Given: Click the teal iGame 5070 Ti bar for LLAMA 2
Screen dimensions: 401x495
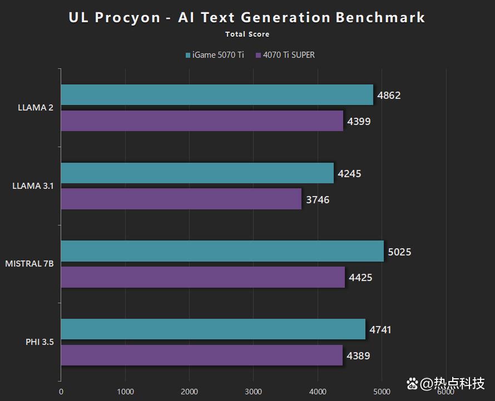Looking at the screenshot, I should [217, 95].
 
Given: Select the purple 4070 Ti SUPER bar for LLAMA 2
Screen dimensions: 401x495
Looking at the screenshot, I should [202, 121].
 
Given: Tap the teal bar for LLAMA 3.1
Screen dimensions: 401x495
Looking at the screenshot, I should [197, 173].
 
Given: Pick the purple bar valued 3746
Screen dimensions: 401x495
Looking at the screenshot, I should [181, 199].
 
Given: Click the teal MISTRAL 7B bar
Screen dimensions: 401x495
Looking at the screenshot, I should [222, 252].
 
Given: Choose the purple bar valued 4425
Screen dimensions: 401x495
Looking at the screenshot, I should [202, 278].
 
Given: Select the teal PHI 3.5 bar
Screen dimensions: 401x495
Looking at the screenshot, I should [213, 329].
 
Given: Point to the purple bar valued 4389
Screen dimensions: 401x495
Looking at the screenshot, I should [201, 355].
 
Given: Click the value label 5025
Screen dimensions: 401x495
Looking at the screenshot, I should [399, 252].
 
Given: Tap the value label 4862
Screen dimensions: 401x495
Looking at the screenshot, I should [389, 96].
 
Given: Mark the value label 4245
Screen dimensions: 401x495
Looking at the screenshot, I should [349, 174].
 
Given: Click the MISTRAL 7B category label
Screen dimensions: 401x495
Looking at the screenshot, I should [29, 264].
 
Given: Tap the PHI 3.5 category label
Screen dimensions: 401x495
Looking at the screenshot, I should [39, 342].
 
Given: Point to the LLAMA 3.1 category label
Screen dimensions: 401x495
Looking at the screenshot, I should [33, 186].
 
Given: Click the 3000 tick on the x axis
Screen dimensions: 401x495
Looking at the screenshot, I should [254, 391].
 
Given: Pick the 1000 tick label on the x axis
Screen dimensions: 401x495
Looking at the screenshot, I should [125, 391].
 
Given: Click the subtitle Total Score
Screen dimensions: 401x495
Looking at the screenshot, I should [247, 34].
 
